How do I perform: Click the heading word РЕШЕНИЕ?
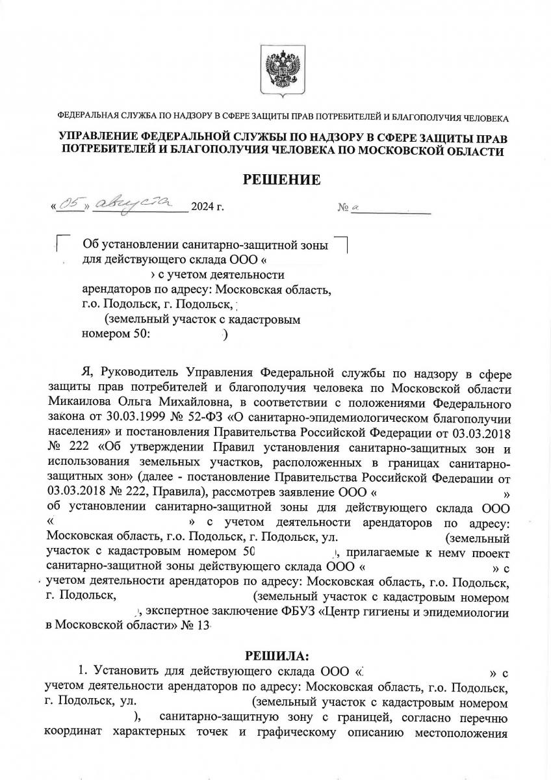click(x=281, y=179)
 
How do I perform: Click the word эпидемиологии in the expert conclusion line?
click(x=463, y=612)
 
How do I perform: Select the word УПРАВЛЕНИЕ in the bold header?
click(x=110, y=138)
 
